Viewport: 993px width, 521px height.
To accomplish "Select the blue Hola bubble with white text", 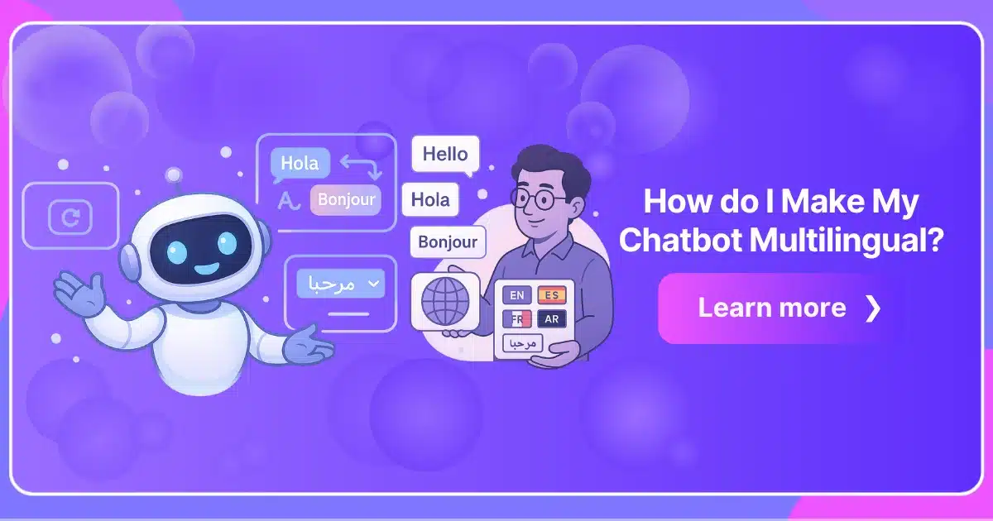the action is pyautogui.click(x=300, y=164).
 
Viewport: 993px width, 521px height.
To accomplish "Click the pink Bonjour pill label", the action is pyautogui.click(x=346, y=200).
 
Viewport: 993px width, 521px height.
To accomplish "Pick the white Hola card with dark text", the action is pyautogui.click(x=430, y=199).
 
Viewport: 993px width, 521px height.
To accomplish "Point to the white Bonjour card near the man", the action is pyautogui.click(x=448, y=241).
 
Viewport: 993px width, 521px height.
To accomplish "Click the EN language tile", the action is pyautogui.click(x=517, y=295).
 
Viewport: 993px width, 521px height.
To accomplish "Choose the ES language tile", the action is pyautogui.click(x=552, y=295).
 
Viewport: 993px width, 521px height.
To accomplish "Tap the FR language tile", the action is pyautogui.click(x=517, y=319).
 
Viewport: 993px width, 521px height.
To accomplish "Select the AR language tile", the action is pyautogui.click(x=552, y=319).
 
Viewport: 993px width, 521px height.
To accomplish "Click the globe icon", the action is pyautogui.click(x=445, y=301).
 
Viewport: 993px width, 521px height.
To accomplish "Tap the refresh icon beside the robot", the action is pyautogui.click(x=70, y=217).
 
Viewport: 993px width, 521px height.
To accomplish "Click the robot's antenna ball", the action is pyautogui.click(x=173, y=174).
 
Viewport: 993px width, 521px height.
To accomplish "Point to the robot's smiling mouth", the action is pyautogui.click(x=207, y=269).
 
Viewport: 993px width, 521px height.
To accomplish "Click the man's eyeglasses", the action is pyautogui.click(x=537, y=199).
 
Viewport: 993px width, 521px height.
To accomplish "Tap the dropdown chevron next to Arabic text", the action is pyautogui.click(x=374, y=283).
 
